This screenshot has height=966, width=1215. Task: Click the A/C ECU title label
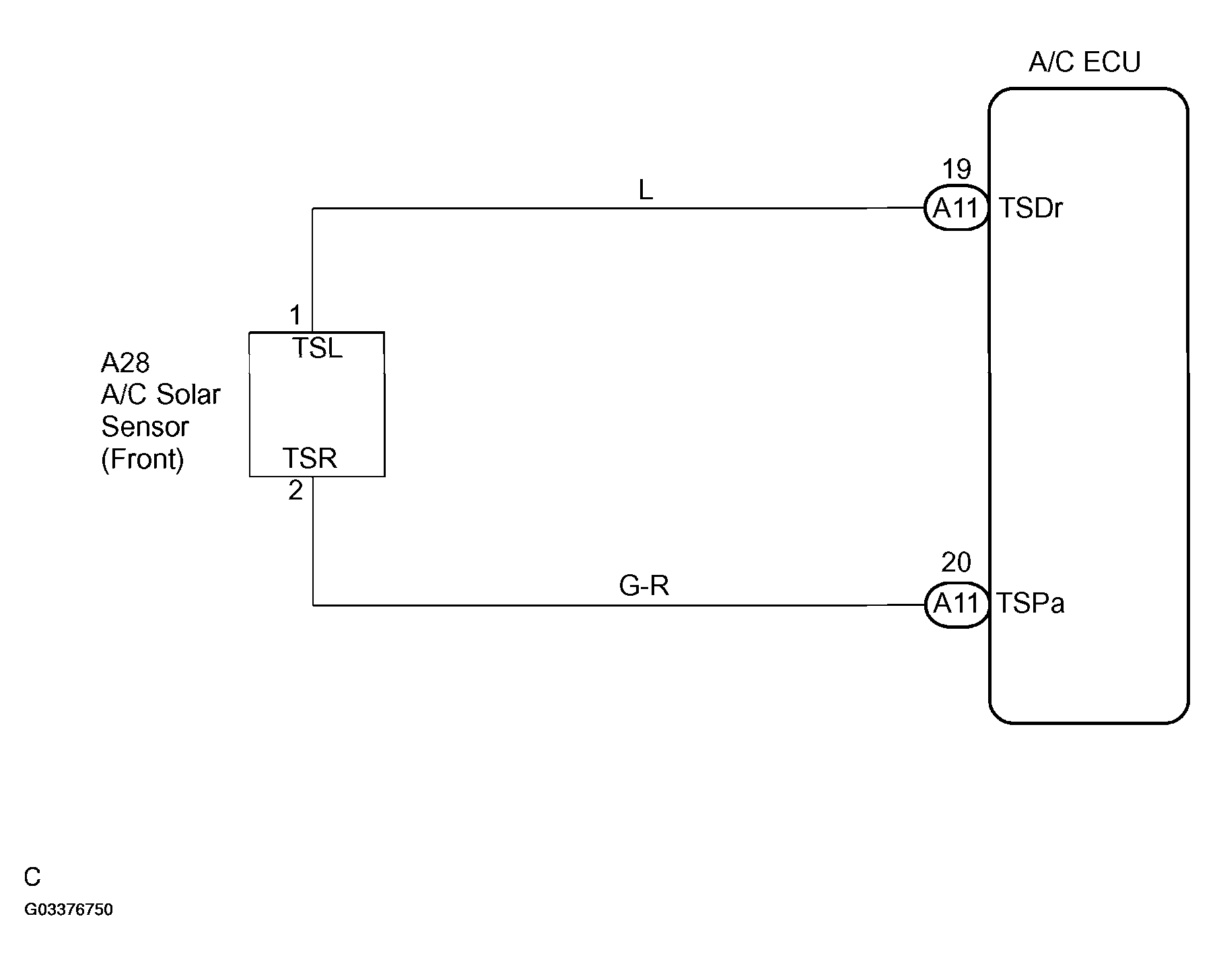coord(1084,63)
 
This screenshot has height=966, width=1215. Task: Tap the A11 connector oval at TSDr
coord(956,208)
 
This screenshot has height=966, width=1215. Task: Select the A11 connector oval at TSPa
coord(956,604)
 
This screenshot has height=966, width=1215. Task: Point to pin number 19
coord(957,169)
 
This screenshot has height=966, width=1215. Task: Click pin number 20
coord(956,562)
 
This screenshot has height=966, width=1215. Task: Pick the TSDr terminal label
coord(1031,209)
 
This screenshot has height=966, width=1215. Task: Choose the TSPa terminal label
coord(1031,603)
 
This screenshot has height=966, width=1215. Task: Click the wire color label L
coord(646,191)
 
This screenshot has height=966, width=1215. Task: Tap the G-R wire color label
coord(644,586)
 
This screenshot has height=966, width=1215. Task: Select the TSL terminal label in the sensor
coord(317,348)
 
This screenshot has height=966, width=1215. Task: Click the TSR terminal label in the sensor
coord(310,458)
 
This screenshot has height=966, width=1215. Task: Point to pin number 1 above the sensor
coord(296,315)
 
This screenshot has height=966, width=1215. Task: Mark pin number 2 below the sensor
coord(296,491)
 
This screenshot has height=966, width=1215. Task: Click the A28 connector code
coord(125,363)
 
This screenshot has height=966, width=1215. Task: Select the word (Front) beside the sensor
coord(143,459)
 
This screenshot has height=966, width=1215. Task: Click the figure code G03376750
coord(69,910)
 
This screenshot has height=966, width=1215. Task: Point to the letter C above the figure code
coord(32,877)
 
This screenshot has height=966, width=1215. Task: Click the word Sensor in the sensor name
coord(145,427)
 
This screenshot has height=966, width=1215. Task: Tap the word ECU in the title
coord(1113,63)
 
